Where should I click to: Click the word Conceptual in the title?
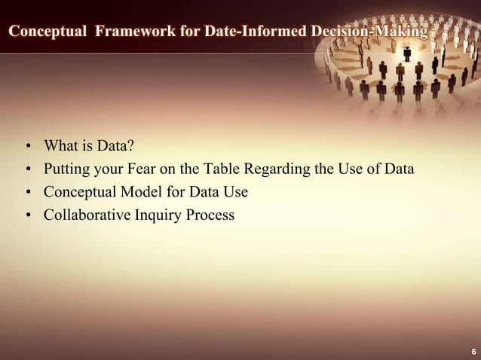tap(47, 32)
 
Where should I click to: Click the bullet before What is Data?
tap(27, 145)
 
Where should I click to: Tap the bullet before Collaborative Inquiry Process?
tap(27, 215)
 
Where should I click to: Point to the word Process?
tap(210, 215)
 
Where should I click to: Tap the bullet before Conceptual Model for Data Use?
tap(27, 192)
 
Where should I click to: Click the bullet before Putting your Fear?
tap(27, 169)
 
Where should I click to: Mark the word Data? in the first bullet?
tap(115, 145)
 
